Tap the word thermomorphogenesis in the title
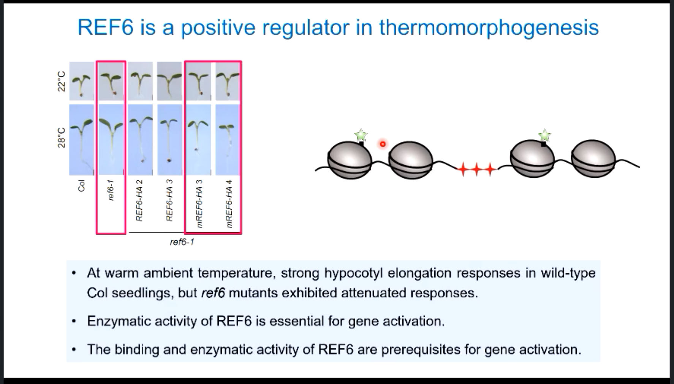point(489,27)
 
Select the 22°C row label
point(62,81)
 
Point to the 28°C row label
point(62,137)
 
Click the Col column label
point(81,186)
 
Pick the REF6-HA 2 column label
point(139,200)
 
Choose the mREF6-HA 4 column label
point(229,204)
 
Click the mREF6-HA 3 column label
point(199,204)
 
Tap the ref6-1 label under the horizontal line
point(182,242)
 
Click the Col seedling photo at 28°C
point(82,140)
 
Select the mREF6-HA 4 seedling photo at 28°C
point(228,140)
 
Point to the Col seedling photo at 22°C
point(82,81)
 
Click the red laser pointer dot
point(383,144)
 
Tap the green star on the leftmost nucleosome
point(361,135)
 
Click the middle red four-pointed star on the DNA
point(476,169)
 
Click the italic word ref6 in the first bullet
point(213,293)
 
